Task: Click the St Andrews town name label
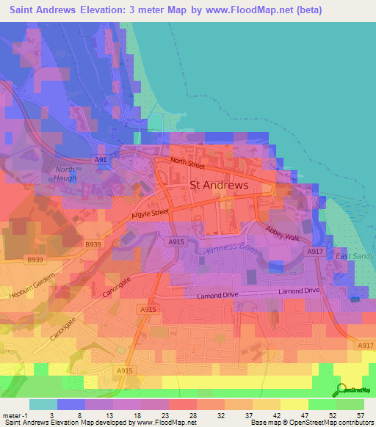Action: pos(219,186)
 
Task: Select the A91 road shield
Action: pos(101,159)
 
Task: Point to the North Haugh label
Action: pos(66,173)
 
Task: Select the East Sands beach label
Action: pos(355,256)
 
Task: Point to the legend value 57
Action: pos(360,415)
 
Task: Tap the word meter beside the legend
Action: pos(11,415)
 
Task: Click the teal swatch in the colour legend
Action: pos(43,404)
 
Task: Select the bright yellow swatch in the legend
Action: pos(294,404)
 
